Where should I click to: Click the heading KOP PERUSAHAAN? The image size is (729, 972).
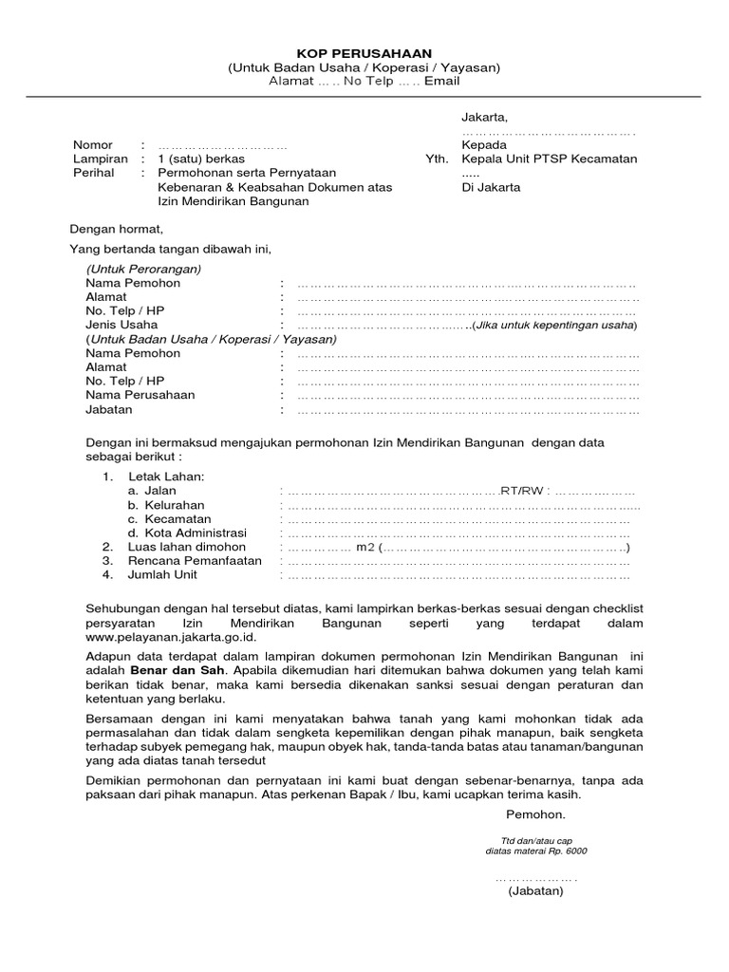point(364,54)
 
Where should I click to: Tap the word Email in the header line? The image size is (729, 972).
point(441,82)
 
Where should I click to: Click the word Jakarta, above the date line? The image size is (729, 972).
point(485,117)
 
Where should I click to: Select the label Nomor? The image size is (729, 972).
point(93,145)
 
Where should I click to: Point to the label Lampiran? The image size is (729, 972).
point(99,159)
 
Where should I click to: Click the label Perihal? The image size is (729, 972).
point(93,174)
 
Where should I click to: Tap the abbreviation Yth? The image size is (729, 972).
point(435,159)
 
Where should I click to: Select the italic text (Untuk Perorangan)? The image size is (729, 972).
point(143,270)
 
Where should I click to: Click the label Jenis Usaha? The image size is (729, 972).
point(121,325)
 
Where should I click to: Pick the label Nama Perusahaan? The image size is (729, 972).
point(140,395)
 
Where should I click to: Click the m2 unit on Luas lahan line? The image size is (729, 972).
point(364,548)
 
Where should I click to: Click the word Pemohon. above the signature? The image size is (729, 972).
point(535,815)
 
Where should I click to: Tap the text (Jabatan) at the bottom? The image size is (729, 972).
point(534,891)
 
